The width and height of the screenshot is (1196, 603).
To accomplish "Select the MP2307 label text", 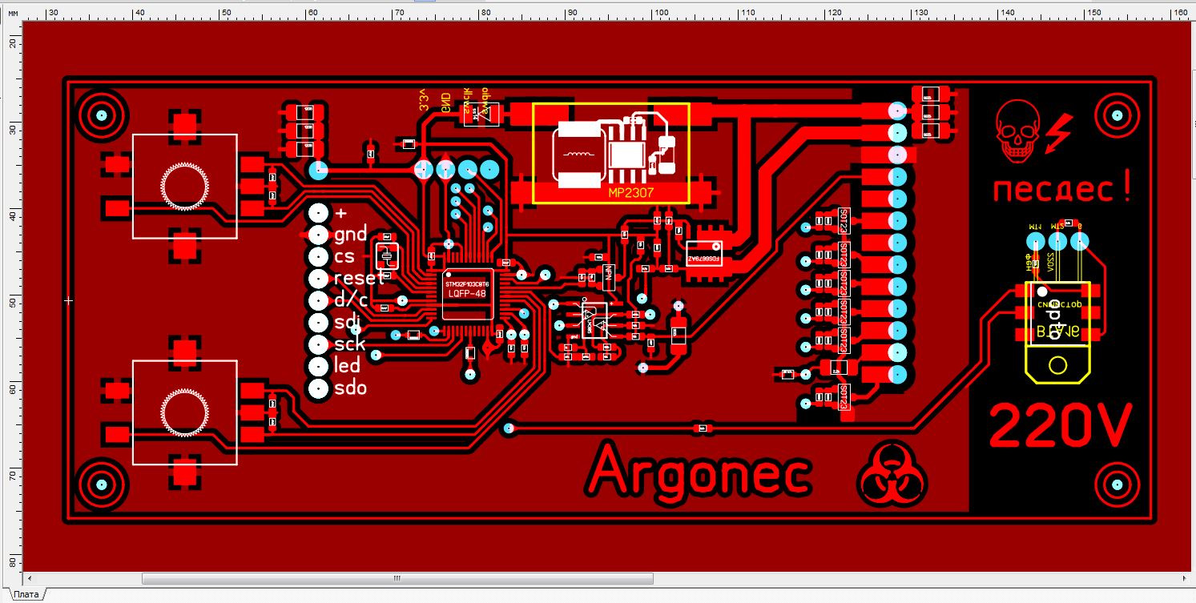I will pos(630,193).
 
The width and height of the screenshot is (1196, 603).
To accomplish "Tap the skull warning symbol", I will pos(1015,132).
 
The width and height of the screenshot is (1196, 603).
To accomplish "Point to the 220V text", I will pos(1061,425).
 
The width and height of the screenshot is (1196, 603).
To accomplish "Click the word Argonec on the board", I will pos(699,471).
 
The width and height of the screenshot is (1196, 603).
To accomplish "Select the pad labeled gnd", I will pos(319,235).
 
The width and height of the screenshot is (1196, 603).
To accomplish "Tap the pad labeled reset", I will pos(319,279).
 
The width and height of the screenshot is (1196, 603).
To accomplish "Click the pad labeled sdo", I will pos(319,388).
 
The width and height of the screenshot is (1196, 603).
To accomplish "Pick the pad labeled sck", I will pos(319,344).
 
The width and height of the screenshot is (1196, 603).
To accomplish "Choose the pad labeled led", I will pos(319,366).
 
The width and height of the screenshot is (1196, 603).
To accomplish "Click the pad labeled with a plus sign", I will pos(319,213).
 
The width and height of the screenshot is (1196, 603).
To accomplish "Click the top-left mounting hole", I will pos(102,115).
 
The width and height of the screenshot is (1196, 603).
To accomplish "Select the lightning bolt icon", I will pos(1061,128).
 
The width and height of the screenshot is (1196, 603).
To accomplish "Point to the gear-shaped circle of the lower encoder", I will pos(184,412).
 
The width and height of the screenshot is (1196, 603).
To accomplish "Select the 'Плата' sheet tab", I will pos(26,594).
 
